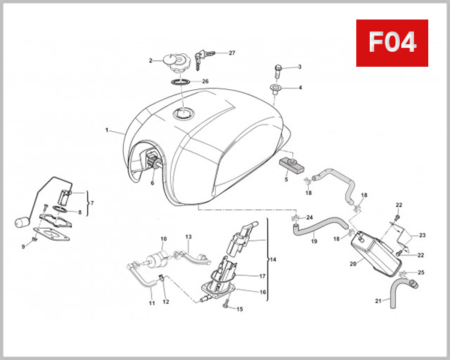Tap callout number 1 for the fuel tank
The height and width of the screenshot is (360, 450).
tap(108, 130)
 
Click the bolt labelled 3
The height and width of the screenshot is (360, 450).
tap(279, 73)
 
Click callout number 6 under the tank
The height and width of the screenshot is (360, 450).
tap(151, 182)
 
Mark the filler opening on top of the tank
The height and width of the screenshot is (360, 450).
tap(183, 113)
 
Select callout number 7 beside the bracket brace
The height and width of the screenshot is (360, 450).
tap(92, 203)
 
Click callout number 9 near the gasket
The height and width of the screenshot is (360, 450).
tap(22, 245)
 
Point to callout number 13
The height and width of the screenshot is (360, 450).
tap(189, 237)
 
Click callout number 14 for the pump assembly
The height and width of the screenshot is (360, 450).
tap(272, 259)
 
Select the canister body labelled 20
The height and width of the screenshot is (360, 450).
tap(372, 245)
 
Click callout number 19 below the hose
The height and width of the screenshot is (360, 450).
tap(313, 241)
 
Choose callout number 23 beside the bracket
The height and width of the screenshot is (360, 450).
tap(421, 235)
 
